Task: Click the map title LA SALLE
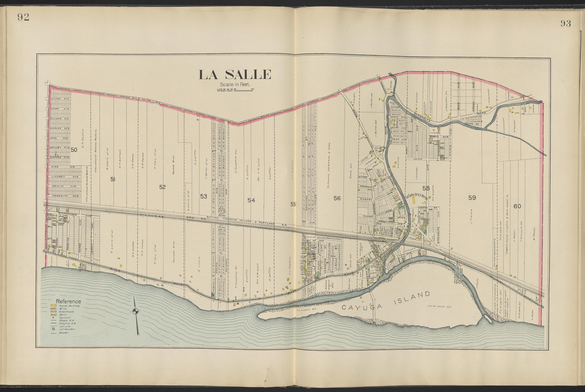click(x=234, y=74)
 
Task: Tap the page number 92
click(x=23, y=17)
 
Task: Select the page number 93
click(x=565, y=23)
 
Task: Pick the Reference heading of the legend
click(x=69, y=301)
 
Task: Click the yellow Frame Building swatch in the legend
click(x=53, y=306)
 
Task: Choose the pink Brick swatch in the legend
click(x=53, y=309)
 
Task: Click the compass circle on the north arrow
click(x=135, y=311)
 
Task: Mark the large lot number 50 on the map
click(x=74, y=150)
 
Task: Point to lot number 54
click(x=251, y=200)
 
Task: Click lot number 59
click(x=472, y=198)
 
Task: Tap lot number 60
click(x=517, y=206)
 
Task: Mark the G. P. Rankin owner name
click(x=83, y=139)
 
